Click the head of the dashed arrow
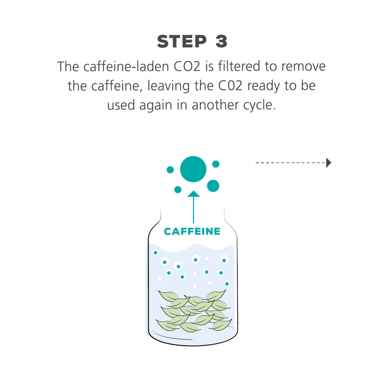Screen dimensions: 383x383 tap(328, 163)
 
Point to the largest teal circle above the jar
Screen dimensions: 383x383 tap(193, 169)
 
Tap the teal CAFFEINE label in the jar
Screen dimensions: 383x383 tap(192, 232)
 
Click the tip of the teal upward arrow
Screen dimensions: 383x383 tap(193, 191)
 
